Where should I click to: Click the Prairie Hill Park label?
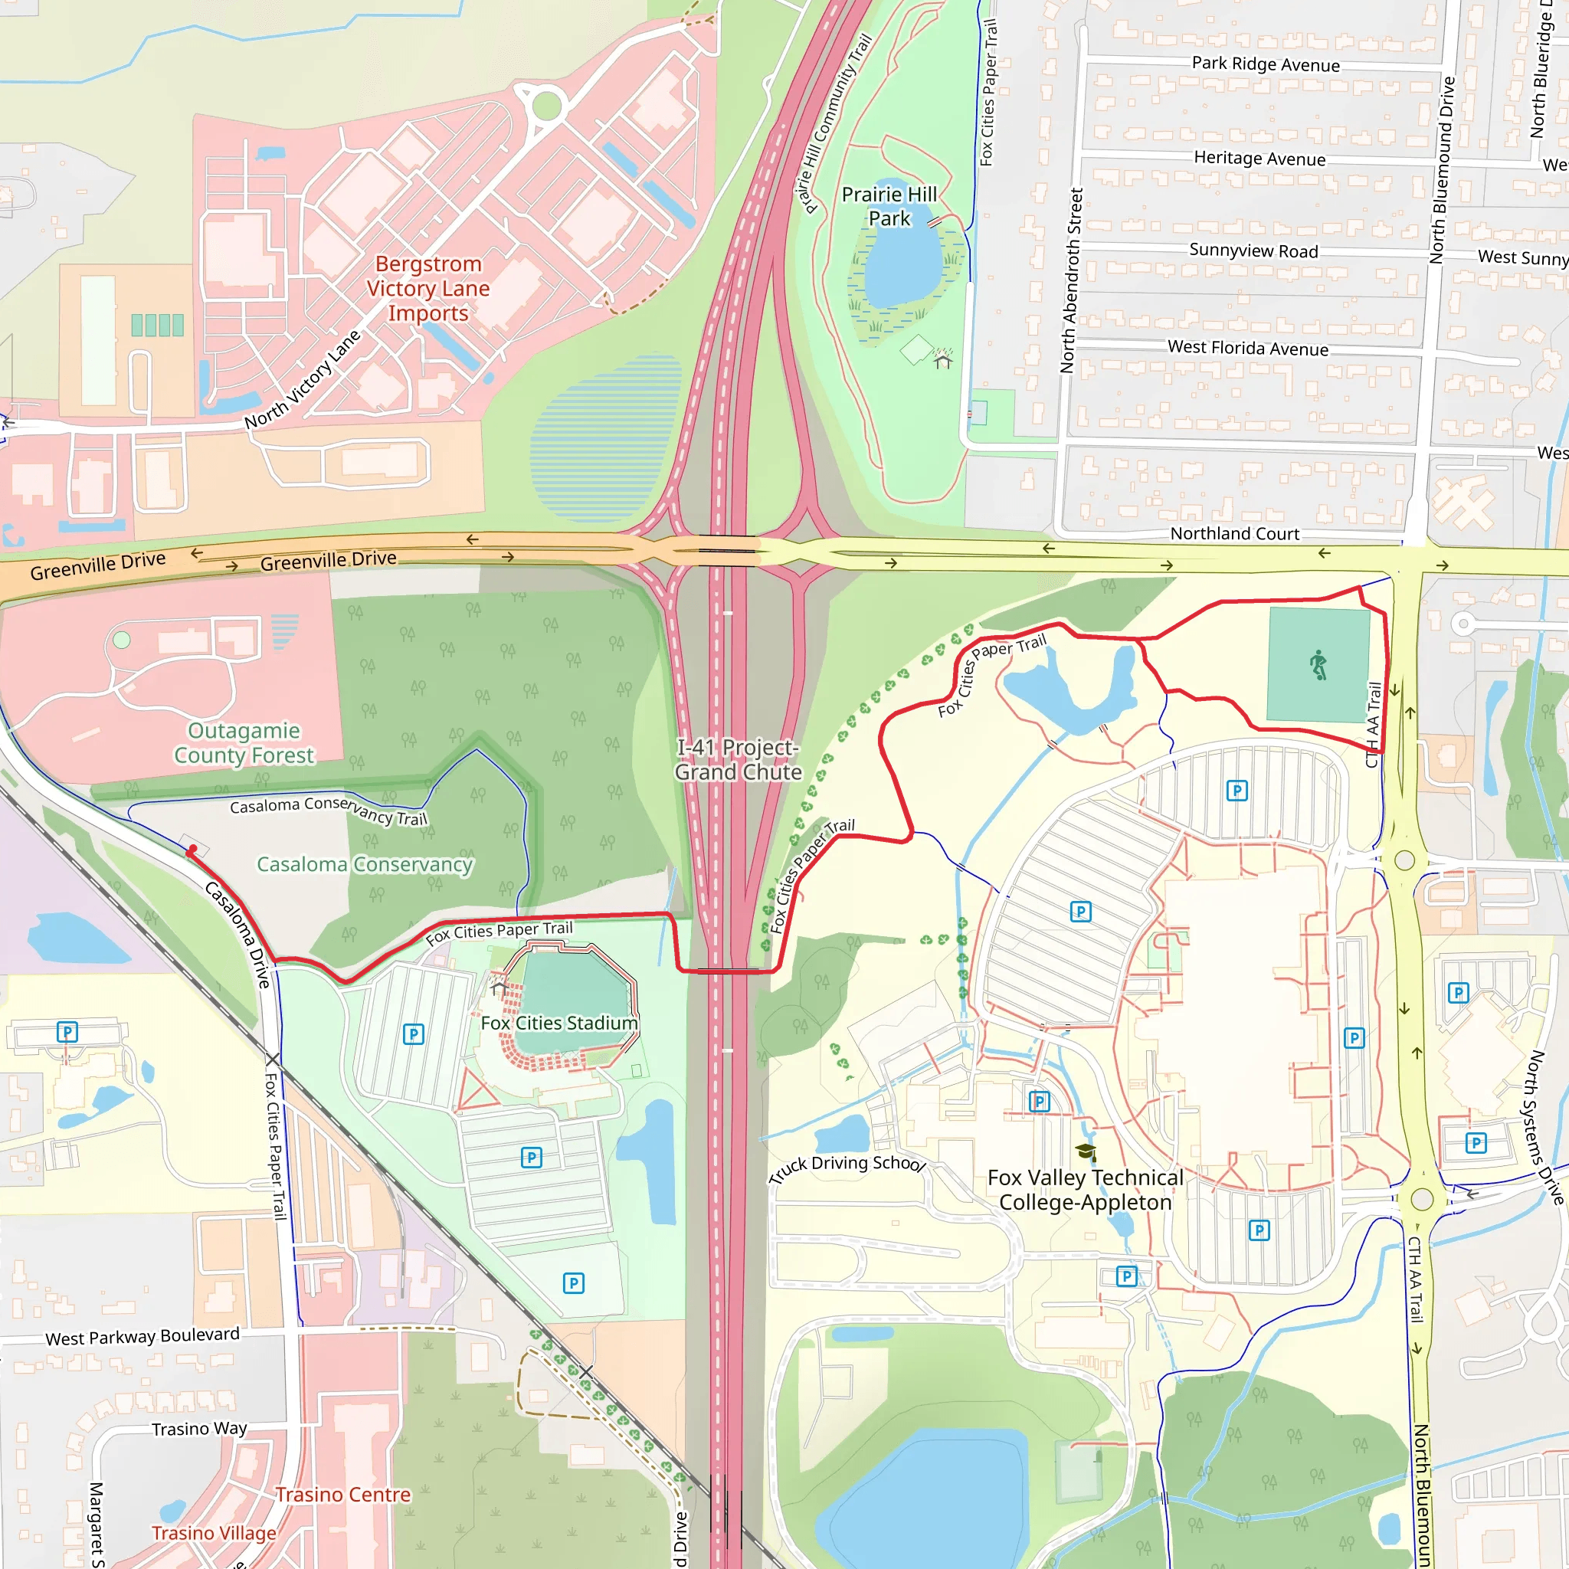889,206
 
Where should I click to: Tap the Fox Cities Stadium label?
558,1024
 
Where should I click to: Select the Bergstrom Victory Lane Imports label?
428,288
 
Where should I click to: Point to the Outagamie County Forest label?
244,743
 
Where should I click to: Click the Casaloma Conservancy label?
365,865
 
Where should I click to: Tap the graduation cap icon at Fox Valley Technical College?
1086,1151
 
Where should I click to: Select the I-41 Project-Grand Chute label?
739,760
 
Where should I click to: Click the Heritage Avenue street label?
1259,159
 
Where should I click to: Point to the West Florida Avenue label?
1247,349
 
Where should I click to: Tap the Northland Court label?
1234,533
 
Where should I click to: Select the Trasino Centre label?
342,1494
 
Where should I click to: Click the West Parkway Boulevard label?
142,1337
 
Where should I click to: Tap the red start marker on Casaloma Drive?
192,850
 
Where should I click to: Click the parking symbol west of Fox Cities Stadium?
414,1034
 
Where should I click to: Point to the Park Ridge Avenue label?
1266,64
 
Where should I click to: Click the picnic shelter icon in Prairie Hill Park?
942,359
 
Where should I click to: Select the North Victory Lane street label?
303,379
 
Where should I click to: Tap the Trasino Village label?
214,1533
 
